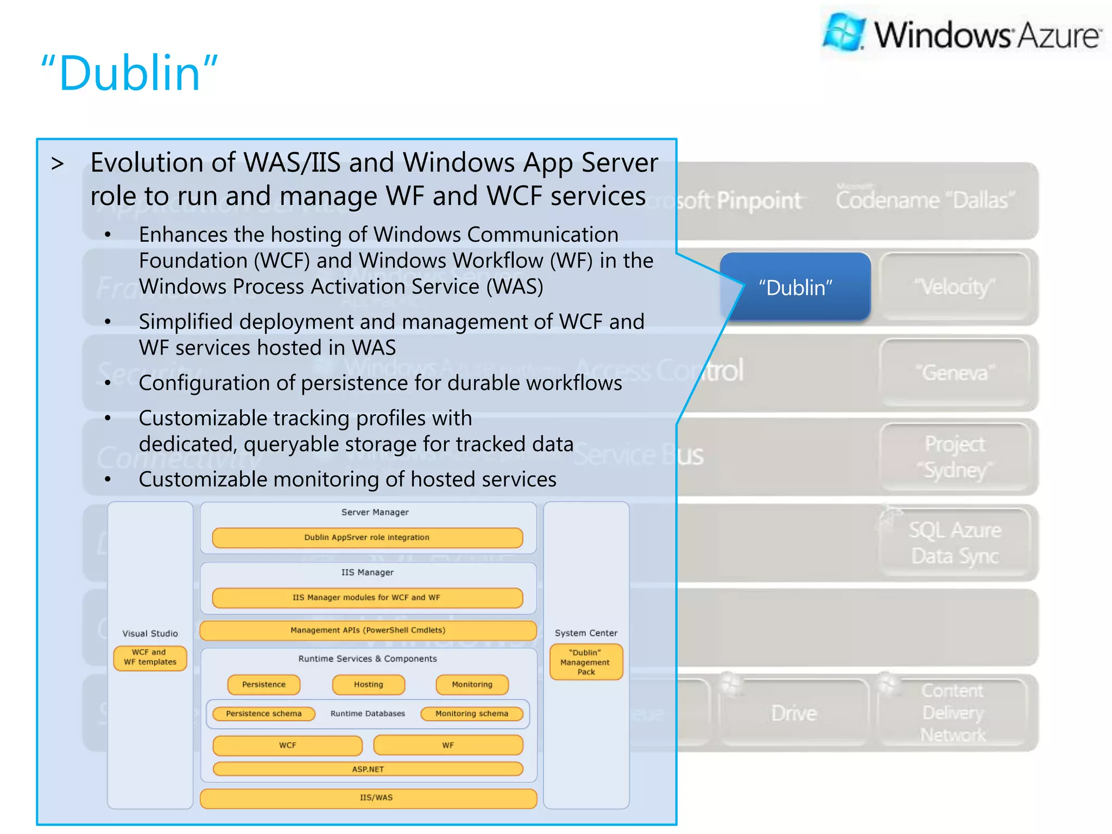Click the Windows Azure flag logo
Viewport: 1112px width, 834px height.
843,32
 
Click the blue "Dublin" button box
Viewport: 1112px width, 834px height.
795,287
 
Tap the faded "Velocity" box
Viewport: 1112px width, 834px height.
954,287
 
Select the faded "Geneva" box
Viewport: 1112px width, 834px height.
954,372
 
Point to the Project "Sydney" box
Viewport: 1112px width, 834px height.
954,457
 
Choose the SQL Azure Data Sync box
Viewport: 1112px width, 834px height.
955,542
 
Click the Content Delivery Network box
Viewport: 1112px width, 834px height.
953,712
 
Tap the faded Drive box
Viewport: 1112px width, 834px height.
794,712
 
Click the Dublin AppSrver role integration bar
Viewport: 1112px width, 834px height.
367,538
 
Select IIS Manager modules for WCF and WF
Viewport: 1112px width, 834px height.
367,597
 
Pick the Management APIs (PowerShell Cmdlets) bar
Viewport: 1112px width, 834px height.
368,630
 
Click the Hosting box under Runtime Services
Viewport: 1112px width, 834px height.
369,685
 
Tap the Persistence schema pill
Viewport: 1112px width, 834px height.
264,713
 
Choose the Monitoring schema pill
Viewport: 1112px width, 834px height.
472,713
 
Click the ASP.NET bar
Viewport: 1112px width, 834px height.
368,769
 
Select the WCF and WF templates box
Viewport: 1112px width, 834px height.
150,658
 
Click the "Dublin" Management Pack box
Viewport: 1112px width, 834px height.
586,662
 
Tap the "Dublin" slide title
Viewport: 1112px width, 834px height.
130,73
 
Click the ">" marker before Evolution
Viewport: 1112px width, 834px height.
58,163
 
